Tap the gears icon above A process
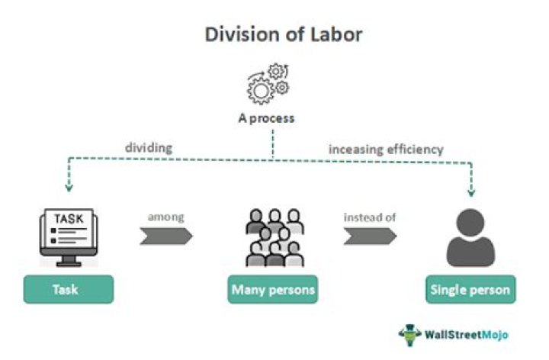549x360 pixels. (x=267, y=82)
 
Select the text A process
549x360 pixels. (x=266, y=119)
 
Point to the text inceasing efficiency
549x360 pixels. (x=385, y=149)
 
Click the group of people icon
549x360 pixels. (x=274, y=236)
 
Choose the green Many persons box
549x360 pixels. (x=274, y=290)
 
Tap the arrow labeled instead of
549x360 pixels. (x=370, y=236)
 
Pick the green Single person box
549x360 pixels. (x=469, y=290)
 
